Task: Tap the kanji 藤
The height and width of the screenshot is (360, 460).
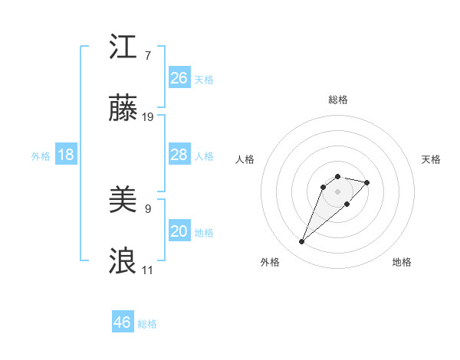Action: click(123, 111)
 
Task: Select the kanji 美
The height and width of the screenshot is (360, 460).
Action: click(123, 201)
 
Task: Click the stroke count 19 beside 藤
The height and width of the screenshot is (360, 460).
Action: click(148, 117)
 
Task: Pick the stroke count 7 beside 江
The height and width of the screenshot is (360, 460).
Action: click(148, 55)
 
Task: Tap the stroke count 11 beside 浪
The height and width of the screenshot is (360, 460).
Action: click(148, 270)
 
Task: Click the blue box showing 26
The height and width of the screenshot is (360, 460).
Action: click(179, 77)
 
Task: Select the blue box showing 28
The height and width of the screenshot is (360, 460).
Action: click(179, 155)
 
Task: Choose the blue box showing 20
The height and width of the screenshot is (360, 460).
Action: click(179, 231)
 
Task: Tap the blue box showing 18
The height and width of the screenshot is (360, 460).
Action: click(66, 155)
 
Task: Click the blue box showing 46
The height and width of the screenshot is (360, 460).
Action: click(123, 322)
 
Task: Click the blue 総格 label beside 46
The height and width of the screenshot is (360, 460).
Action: click(147, 324)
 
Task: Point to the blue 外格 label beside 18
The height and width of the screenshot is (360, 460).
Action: click(41, 156)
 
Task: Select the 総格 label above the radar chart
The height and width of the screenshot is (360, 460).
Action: click(338, 100)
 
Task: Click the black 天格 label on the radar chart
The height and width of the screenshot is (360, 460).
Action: click(431, 159)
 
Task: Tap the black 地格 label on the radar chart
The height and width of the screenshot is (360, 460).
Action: click(402, 262)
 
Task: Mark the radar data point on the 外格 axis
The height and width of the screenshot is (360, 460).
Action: click(302, 242)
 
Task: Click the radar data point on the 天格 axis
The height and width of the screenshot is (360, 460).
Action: click(367, 182)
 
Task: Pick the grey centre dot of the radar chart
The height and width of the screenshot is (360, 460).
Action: click(338, 191)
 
